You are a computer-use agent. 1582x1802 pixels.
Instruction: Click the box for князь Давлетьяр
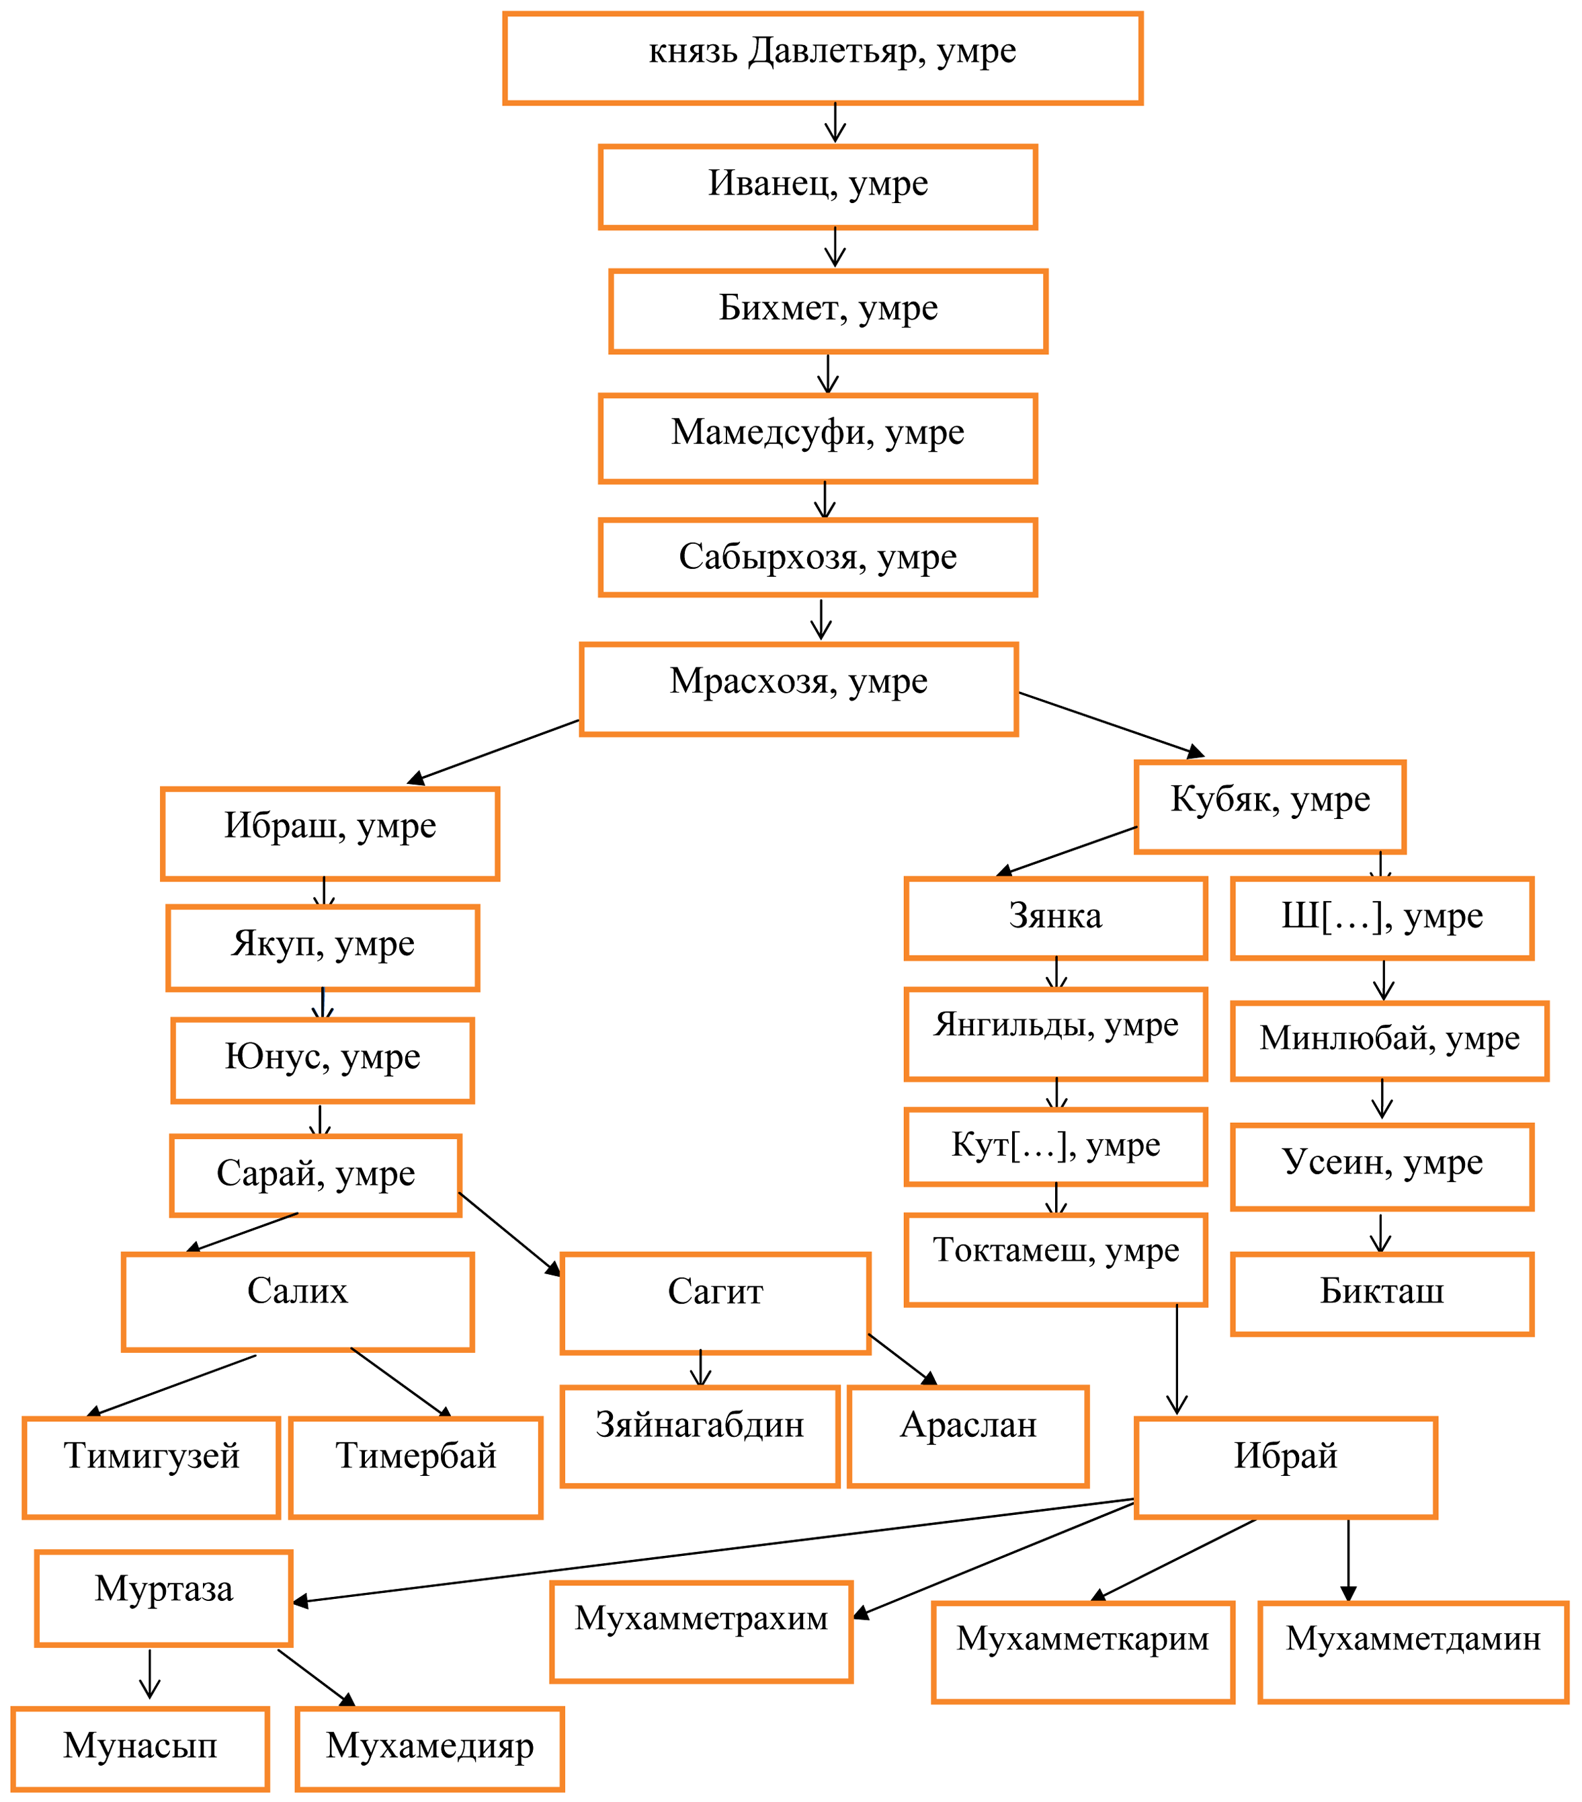click(x=823, y=58)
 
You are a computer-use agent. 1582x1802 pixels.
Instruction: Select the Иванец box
click(x=817, y=187)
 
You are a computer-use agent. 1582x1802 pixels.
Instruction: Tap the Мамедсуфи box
click(x=817, y=438)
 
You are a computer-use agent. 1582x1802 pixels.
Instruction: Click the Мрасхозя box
click(x=798, y=689)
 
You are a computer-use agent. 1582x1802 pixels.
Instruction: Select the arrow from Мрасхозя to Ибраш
click(x=493, y=751)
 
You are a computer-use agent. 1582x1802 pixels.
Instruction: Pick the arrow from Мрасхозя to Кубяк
click(x=1110, y=723)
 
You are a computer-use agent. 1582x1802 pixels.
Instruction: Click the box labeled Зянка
click(x=1055, y=918)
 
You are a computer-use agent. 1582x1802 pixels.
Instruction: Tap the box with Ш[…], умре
click(x=1382, y=918)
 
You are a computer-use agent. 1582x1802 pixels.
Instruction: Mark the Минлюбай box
click(x=1389, y=1040)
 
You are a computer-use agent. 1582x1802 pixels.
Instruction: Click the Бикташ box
click(x=1382, y=1293)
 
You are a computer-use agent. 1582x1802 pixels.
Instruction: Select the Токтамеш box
click(x=1055, y=1259)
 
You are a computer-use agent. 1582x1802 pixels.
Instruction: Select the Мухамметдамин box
click(x=1413, y=1651)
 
